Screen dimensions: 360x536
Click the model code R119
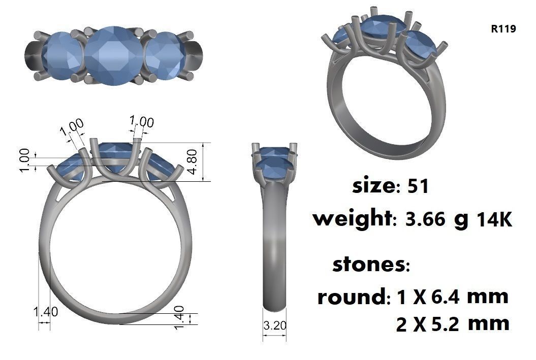(503, 29)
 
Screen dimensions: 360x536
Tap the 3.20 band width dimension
(275, 325)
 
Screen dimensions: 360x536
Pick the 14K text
(493, 220)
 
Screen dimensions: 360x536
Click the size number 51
(419, 186)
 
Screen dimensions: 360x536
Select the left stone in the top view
(62, 55)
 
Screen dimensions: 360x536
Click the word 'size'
(372, 186)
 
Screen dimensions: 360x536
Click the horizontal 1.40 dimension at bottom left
(45, 312)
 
